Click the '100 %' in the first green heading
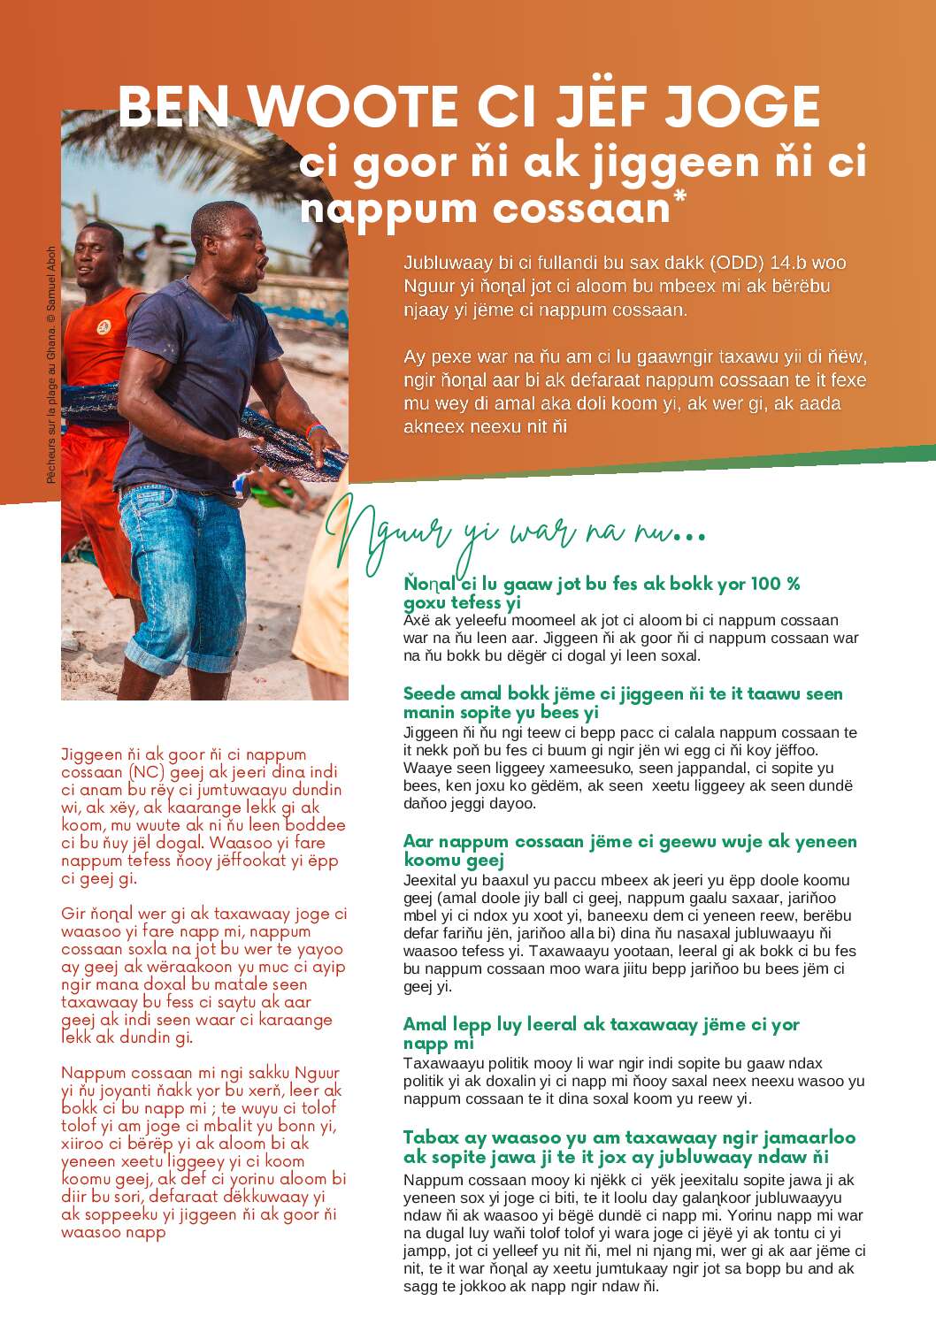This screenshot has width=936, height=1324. [x=775, y=584]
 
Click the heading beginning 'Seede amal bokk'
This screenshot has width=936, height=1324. [x=622, y=703]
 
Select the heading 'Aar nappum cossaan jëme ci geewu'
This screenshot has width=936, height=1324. [x=629, y=851]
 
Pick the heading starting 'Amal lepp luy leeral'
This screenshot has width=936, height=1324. [x=601, y=1033]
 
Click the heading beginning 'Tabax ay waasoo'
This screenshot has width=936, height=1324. [x=629, y=1147]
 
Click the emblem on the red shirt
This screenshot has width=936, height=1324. [x=105, y=327]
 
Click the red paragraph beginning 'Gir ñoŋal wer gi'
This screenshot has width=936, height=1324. [x=203, y=975]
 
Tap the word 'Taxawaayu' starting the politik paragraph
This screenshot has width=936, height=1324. [x=443, y=1063]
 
